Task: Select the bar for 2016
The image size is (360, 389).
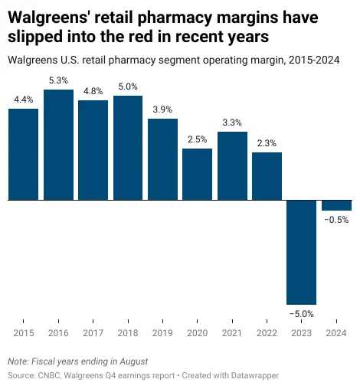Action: [x=58, y=145]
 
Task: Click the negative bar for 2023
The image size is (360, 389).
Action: [x=302, y=252]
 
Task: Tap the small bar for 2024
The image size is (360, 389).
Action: [x=336, y=205]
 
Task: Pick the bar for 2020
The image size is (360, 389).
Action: [x=198, y=174]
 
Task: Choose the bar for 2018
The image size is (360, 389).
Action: [x=128, y=148]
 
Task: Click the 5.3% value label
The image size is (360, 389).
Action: [x=58, y=80]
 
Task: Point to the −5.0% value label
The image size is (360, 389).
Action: [x=301, y=313]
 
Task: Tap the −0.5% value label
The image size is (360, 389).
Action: [x=336, y=220]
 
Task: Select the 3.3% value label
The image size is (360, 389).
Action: [x=232, y=122]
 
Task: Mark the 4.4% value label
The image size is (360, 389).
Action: [x=23, y=99]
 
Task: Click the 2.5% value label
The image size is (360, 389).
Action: [x=198, y=139]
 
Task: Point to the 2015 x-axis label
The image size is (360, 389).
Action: [x=23, y=333]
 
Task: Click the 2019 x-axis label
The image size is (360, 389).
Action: [x=162, y=333]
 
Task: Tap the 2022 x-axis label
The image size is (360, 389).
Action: [x=267, y=333]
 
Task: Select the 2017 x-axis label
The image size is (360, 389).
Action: [x=93, y=333]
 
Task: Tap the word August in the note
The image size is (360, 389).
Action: [x=130, y=361]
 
